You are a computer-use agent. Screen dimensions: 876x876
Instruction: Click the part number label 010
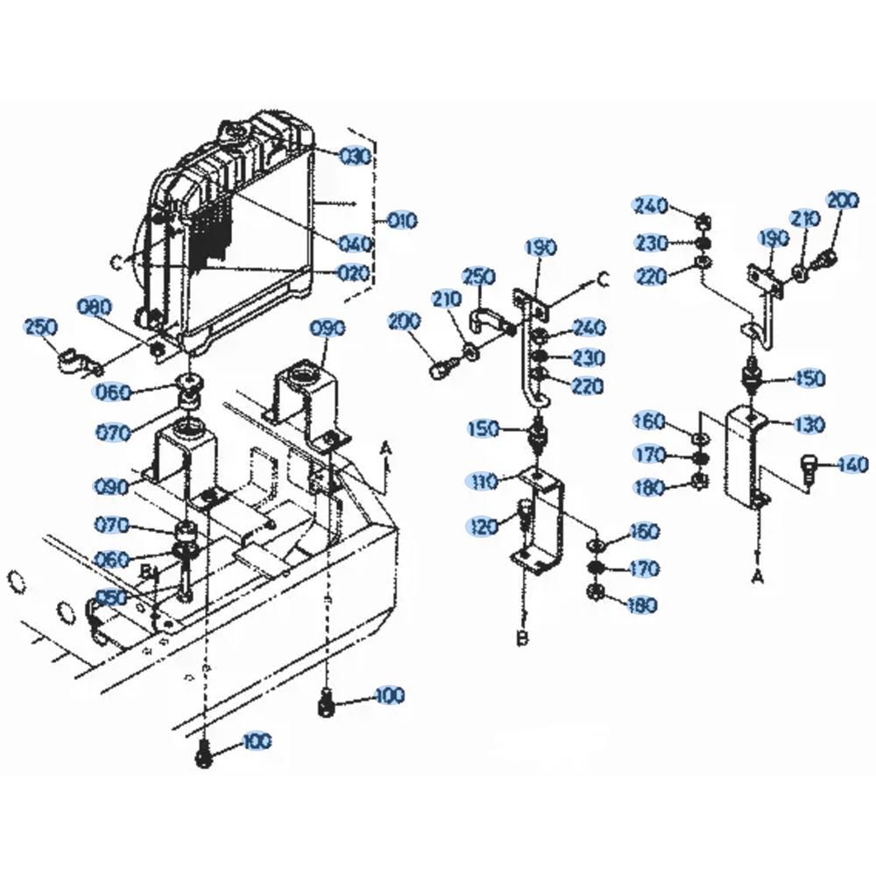point(402,221)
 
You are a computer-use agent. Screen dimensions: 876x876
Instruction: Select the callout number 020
point(354,272)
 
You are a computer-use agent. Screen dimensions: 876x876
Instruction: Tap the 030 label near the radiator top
point(356,157)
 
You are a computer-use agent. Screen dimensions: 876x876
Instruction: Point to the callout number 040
point(356,244)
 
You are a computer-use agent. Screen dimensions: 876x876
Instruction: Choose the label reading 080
point(95,307)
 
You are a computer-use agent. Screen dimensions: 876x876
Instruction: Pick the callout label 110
point(482,480)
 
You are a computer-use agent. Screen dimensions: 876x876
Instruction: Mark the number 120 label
point(483,526)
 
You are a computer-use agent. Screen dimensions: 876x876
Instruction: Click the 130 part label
point(809,425)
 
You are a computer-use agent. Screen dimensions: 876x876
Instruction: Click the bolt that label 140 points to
point(807,468)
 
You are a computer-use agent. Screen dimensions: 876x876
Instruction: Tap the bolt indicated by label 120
point(524,515)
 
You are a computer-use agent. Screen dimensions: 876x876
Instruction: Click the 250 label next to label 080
point(41,328)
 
